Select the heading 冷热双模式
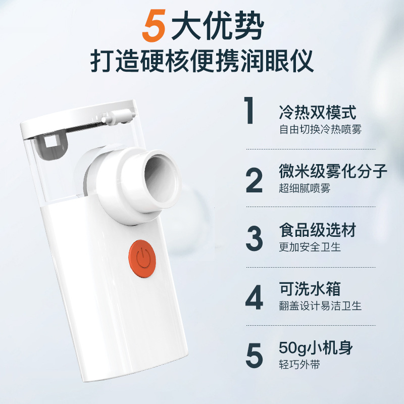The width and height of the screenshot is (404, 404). pyautogui.click(x=318, y=112)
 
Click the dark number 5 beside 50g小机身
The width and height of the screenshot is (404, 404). pyautogui.click(x=254, y=356)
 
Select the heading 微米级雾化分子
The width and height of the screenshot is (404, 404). pyautogui.click(x=333, y=172)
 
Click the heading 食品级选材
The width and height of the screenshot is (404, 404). pyautogui.click(x=318, y=230)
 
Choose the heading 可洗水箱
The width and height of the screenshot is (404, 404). pyautogui.click(x=310, y=289)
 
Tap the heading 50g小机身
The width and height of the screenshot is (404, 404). pyautogui.click(x=315, y=348)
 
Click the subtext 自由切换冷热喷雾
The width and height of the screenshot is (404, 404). pyautogui.click(x=321, y=129)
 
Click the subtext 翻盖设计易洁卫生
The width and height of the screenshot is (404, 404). pyautogui.click(x=321, y=306)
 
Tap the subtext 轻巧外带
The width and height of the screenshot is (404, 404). pyautogui.click(x=299, y=365)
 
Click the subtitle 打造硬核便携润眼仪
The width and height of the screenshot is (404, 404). pyautogui.click(x=202, y=62)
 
